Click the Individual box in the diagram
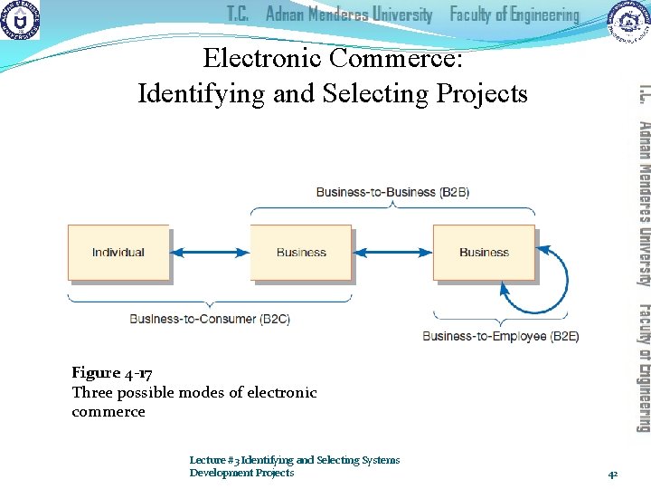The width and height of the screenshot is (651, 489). [118, 253]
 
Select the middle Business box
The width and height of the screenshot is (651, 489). [301, 253]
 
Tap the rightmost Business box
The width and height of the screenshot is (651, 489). [484, 253]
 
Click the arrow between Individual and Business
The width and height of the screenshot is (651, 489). [210, 253]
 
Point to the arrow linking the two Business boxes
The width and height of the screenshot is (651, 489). [392, 253]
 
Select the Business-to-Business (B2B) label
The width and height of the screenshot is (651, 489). [380, 192]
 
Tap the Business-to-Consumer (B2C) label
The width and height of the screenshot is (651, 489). [210, 319]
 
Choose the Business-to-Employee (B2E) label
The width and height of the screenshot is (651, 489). [501, 336]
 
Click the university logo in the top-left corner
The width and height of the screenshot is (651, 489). [20, 20]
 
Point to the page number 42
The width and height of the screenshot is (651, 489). [612, 473]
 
